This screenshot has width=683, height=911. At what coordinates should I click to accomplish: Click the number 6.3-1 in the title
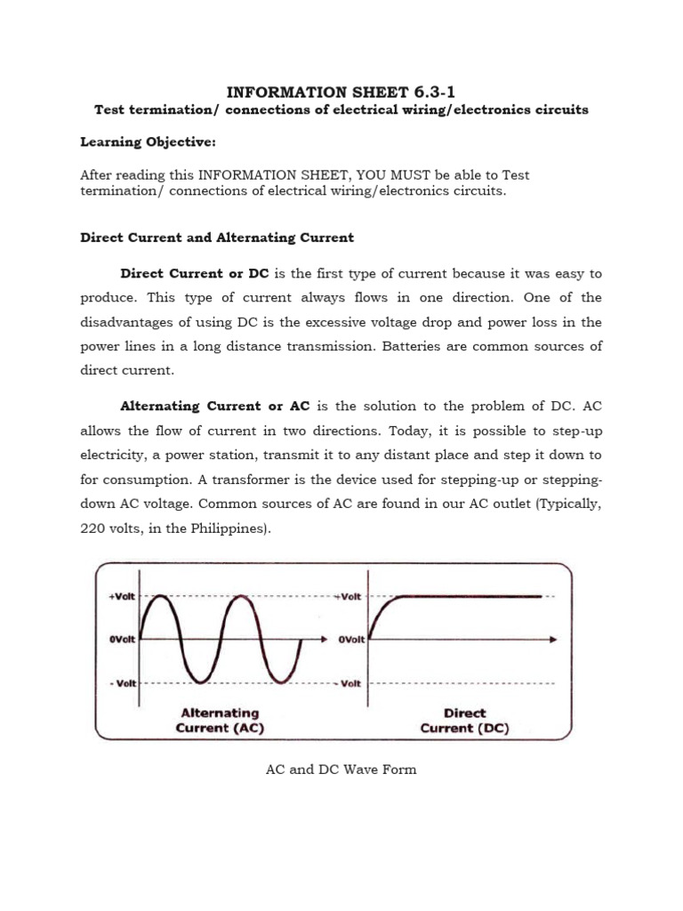click(x=430, y=91)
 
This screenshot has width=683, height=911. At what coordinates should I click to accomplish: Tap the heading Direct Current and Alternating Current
click(x=217, y=238)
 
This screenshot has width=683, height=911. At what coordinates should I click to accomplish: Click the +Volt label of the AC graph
click(x=121, y=597)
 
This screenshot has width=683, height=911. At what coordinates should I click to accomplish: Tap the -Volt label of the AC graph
click(x=122, y=683)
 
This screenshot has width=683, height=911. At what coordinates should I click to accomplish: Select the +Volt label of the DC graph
click(x=349, y=597)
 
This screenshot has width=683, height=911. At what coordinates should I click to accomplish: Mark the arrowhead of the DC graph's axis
click(x=554, y=640)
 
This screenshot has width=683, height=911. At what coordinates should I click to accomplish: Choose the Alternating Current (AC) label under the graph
click(x=221, y=720)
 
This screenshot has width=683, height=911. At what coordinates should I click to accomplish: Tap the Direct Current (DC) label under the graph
click(x=463, y=720)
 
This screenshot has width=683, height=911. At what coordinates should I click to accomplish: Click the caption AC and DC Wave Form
click(x=341, y=770)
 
